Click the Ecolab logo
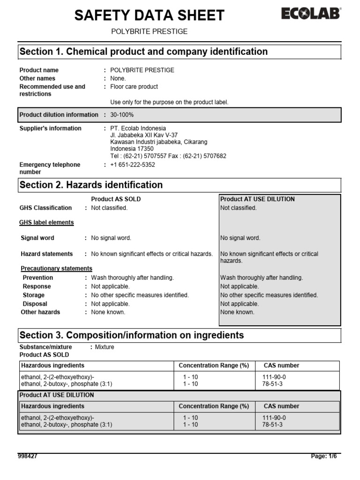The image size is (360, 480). [x=311, y=14]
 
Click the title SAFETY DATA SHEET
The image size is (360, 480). [x=150, y=15]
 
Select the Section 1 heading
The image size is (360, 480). [x=143, y=52]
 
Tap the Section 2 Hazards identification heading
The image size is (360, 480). [x=91, y=185]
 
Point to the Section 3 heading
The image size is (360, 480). [x=131, y=335]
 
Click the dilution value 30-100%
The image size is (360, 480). [x=122, y=115]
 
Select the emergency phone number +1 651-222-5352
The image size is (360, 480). [x=133, y=165]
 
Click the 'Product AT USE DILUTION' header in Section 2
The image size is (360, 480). [x=257, y=199]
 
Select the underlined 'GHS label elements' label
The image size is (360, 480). [x=46, y=223]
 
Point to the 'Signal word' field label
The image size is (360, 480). [x=37, y=238]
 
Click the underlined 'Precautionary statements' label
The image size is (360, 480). [x=57, y=269]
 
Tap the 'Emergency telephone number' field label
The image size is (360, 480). [x=50, y=168]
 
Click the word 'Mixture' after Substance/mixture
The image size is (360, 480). [x=105, y=347]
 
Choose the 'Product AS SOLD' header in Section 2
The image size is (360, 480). [x=116, y=199]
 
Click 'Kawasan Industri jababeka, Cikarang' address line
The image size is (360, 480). [x=159, y=142]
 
